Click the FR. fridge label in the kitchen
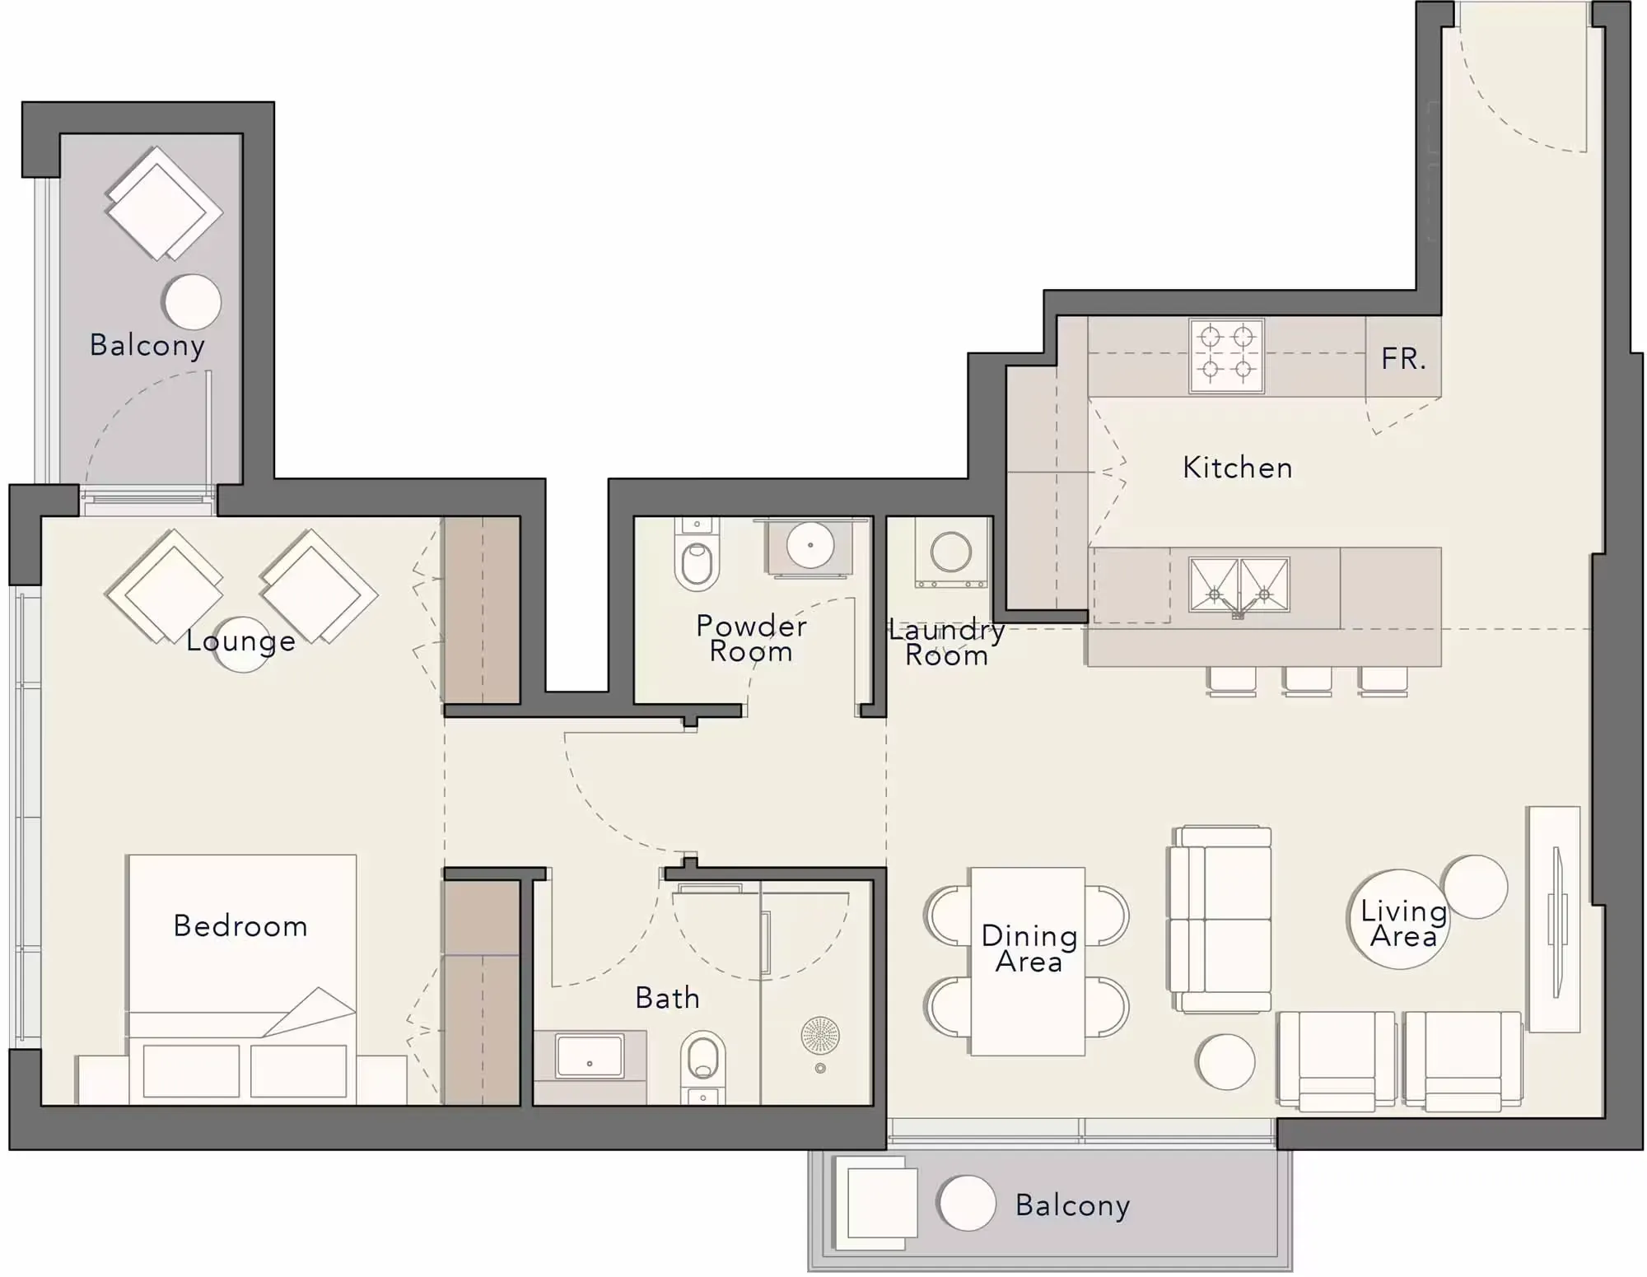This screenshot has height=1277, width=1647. click(1403, 358)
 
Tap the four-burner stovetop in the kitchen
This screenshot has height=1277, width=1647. click(1226, 356)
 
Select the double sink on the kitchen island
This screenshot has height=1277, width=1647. click(1239, 585)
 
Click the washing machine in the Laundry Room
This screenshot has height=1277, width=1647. click(950, 552)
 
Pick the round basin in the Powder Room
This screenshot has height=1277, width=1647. click(810, 544)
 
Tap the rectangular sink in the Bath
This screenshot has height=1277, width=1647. click(590, 1056)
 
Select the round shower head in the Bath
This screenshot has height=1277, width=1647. click(820, 1035)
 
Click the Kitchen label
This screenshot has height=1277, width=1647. click(1237, 467)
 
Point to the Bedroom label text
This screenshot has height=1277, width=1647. click(240, 925)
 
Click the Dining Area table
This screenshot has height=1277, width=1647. click(1028, 961)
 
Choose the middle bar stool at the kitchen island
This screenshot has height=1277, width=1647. click(1307, 681)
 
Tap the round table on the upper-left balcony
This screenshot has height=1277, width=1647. click(193, 302)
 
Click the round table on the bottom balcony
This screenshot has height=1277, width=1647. click(966, 1203)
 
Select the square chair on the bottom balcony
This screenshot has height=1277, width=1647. click(875, 1202)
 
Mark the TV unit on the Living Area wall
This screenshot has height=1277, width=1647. click(1554, 919)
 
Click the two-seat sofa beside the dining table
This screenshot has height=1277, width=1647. click(1220, 920)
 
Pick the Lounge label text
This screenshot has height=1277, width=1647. click(240, 640)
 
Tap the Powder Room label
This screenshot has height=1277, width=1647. click(751, 638)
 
